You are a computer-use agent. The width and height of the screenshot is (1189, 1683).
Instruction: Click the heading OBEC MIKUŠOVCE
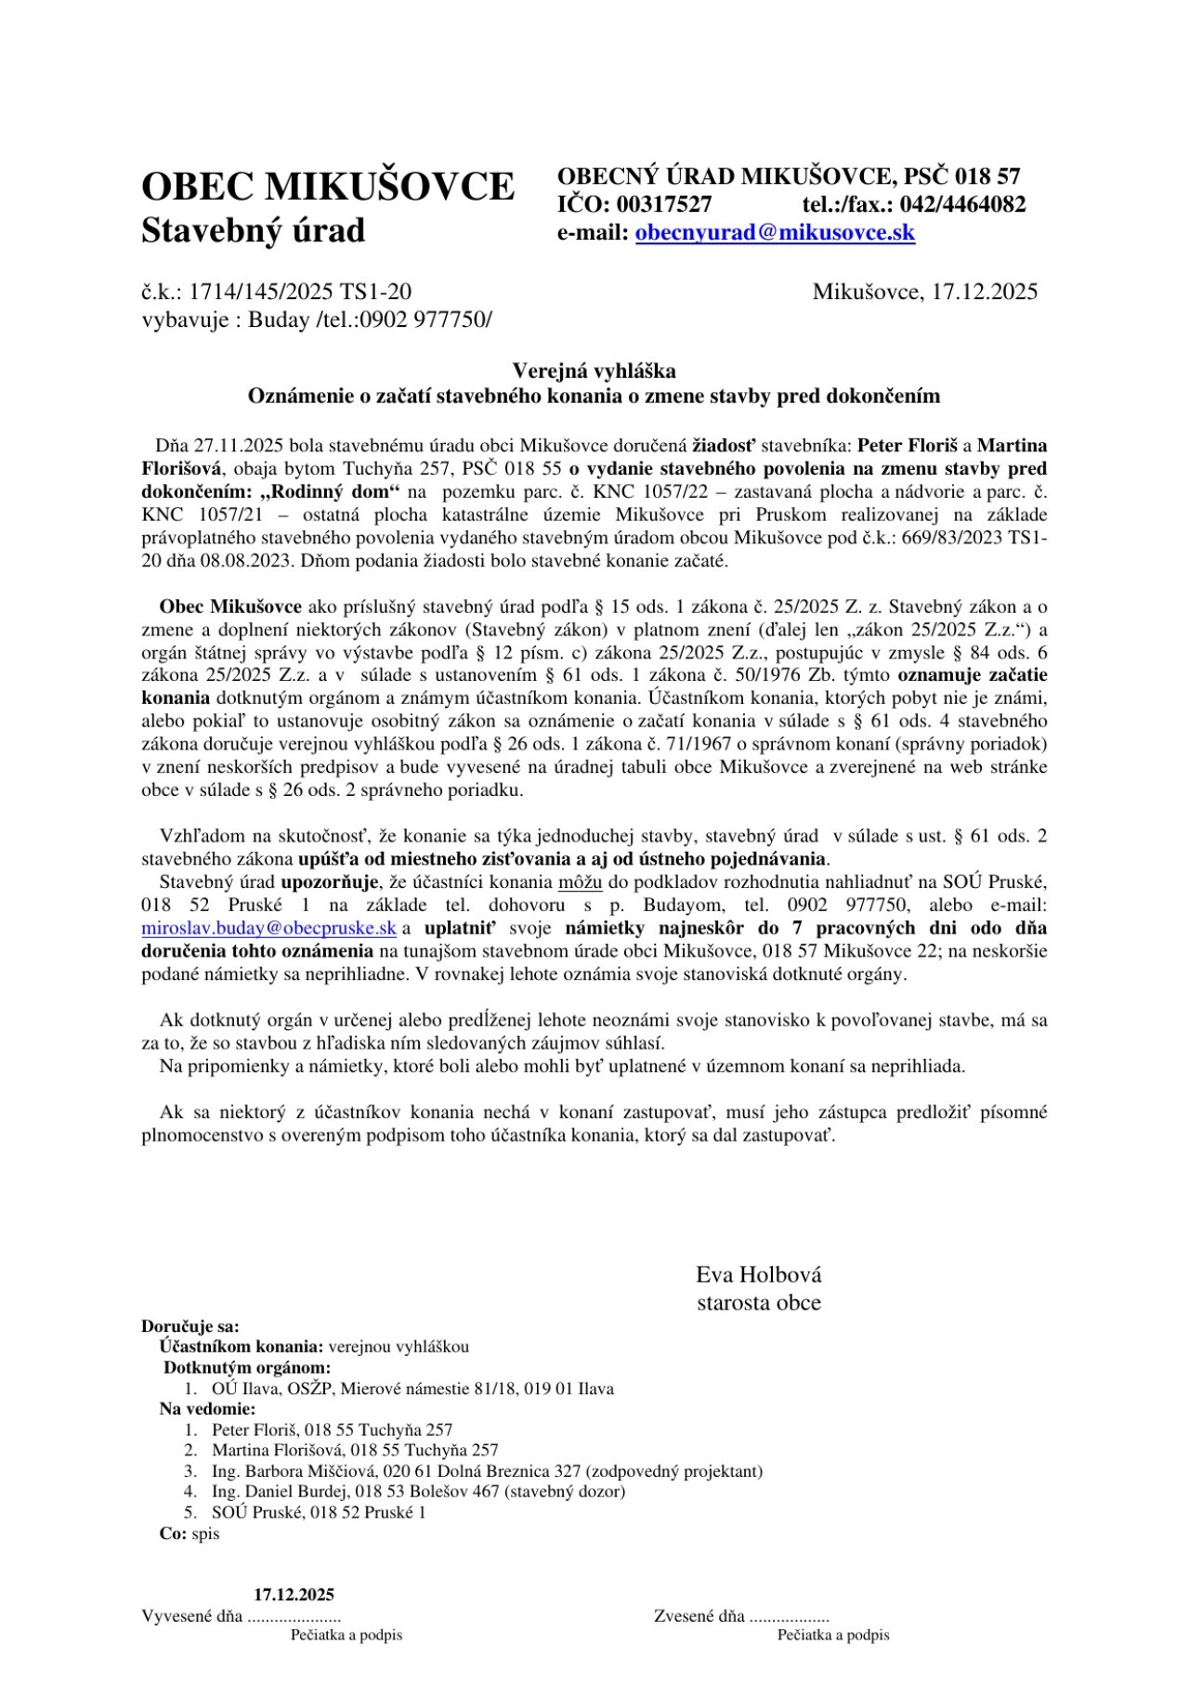[327, 187]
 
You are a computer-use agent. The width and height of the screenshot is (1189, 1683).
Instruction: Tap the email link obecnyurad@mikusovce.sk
[775, 232]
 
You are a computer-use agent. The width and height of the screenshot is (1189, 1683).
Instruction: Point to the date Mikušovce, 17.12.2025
[924, 292]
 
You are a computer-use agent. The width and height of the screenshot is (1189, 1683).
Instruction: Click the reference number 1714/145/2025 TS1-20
[300, 292]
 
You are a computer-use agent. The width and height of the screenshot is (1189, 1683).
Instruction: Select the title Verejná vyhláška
[594, 372]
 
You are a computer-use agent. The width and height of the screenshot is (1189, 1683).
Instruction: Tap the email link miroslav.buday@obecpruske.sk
[268, 928]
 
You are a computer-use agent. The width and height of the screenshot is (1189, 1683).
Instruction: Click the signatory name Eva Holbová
[758, 1274]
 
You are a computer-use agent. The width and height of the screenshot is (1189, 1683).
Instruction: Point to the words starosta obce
[758, 1302]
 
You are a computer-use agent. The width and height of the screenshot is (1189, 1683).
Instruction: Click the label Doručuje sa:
[189, 1326]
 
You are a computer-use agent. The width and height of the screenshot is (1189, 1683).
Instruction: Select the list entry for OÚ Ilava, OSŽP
[412, 1389]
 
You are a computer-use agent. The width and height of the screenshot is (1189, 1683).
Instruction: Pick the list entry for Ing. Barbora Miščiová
[487, 1471]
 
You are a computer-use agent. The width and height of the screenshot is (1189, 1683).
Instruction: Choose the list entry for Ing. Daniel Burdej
[418, 1492]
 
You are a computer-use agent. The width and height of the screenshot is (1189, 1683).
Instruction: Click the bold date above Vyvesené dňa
[294, 1595]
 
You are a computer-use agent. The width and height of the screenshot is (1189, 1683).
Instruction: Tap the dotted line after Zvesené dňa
[789, 1617]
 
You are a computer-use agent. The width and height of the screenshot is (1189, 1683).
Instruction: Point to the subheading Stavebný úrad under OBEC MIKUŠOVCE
[253, 230]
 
